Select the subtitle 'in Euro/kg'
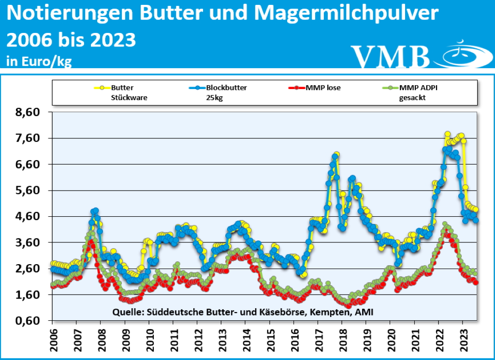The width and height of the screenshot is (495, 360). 39,61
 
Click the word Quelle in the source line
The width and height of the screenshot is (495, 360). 126,312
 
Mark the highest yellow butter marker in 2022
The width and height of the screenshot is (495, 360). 448,134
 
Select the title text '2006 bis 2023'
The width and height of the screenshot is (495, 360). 71,40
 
